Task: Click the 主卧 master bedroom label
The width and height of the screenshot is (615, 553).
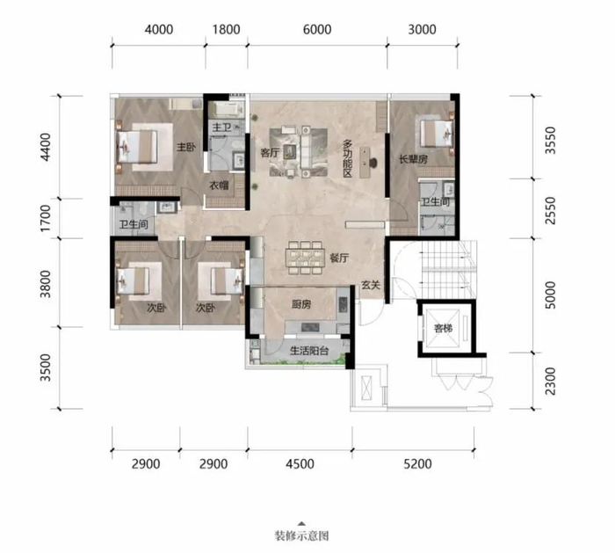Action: point(185,147)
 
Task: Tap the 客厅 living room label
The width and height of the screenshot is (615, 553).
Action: point(270,153)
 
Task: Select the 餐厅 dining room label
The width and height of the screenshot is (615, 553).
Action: point(339,258)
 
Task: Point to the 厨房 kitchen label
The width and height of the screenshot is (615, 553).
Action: point(300,304)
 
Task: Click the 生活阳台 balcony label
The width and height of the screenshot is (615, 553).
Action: point(309,351)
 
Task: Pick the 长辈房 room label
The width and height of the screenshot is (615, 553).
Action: point(413,159)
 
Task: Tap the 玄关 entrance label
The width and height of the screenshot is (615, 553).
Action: point(371,285)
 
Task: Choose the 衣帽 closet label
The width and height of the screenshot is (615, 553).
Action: point(219,186)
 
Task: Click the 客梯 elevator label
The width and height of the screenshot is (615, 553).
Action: point(443,328)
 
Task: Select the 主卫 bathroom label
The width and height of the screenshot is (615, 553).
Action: point(221,127)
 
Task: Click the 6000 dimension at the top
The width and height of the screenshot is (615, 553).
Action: point(317,29)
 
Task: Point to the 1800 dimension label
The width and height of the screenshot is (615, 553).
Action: point(227,29)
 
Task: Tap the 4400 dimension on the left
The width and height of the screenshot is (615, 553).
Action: point(46,147)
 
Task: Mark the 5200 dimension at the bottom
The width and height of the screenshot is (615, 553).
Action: point(417,464)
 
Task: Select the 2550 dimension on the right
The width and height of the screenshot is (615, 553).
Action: point(551,210)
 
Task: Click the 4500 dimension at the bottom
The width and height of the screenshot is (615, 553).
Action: point(300,464)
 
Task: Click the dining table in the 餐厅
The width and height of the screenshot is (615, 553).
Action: point(306,258)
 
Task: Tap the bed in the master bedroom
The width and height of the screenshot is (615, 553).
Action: point(137,147)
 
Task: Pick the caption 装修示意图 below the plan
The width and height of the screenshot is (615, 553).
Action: point(301,535)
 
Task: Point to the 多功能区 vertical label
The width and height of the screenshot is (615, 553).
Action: point(348,158)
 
